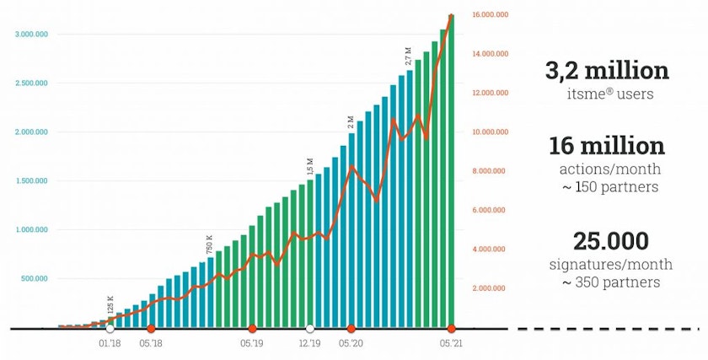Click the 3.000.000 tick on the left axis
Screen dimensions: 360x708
tap(31, 35)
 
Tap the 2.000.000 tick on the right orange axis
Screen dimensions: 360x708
tap(488, 288)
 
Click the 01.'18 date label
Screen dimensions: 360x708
tap(110, 344)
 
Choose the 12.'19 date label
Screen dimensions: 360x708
tap(310, 344)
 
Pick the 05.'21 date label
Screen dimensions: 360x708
tap(452, 344)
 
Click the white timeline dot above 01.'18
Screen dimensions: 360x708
tap(110, 328)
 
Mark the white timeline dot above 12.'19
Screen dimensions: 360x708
tap(310, 328)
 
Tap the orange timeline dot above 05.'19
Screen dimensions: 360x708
tap(252, 328)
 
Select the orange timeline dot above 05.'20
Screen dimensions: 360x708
tap(351, 328)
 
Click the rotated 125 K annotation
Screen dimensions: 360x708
tap(110, 304)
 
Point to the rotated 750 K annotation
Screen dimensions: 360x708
tap(210, 244)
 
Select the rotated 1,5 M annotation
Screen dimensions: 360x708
tap(310, 167)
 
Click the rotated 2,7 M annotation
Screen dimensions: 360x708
tap(410, 56)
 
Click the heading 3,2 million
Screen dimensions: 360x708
tap(607, 71)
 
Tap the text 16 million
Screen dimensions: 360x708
tap(607, 146)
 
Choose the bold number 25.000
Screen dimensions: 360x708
tap(610, 241)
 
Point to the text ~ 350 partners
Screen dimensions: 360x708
tap(610, 282)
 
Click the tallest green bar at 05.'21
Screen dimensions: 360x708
tap(452, 169)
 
